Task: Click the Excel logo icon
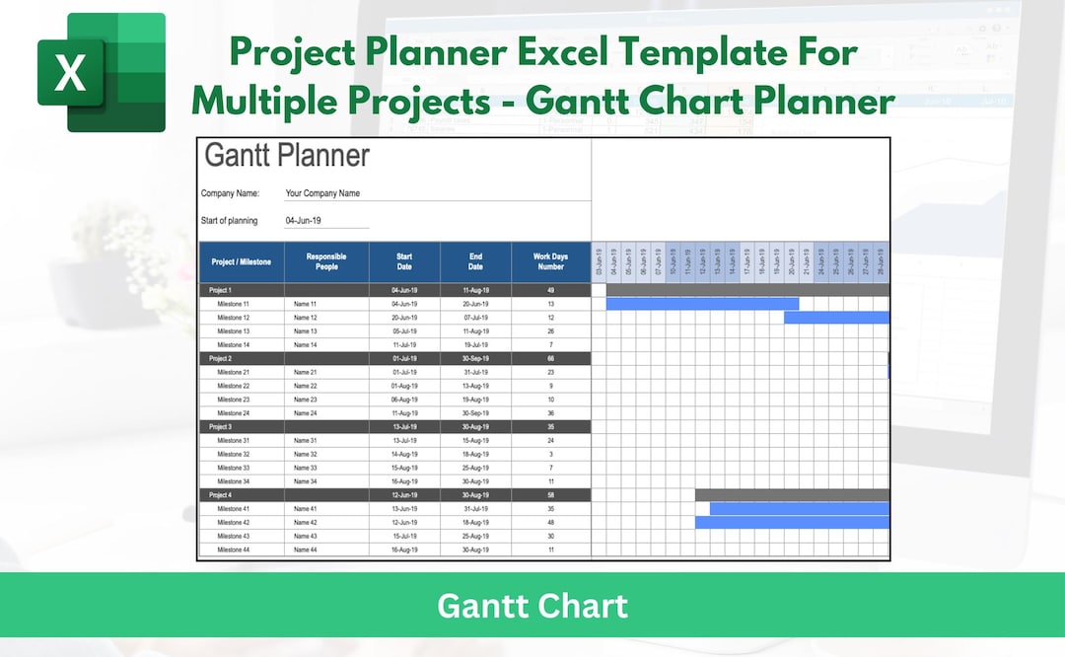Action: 102,72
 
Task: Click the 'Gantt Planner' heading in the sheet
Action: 286,156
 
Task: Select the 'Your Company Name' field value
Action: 322,194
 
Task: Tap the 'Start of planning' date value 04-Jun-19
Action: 304,221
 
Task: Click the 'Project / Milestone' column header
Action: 241,262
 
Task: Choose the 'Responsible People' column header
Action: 326,262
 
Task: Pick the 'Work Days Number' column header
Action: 550,262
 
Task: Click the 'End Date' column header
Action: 475,262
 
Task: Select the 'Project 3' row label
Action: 220,426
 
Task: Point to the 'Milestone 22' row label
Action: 233,386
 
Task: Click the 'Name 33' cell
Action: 306,468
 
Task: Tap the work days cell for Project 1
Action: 550,291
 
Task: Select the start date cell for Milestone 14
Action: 404,345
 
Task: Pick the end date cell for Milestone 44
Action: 475,549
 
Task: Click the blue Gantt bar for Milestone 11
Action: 702,304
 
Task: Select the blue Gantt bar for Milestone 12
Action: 836,318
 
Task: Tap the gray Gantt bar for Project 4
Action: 792,494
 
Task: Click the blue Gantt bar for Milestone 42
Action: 792,522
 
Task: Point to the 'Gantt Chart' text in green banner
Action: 532,605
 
